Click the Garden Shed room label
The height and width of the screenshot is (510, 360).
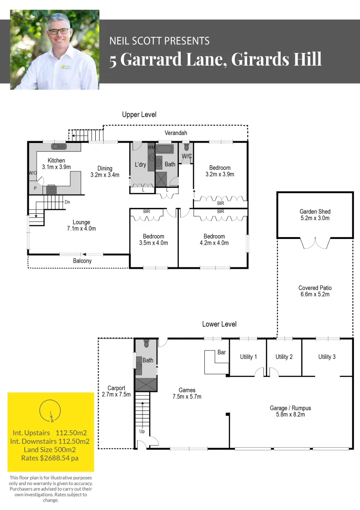(315, 212)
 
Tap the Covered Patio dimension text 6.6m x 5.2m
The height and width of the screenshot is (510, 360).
(315, 294)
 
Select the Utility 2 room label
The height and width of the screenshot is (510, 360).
(284, 357)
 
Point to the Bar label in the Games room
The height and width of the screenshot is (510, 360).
(222, 352)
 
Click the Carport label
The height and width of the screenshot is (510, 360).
(116, 388)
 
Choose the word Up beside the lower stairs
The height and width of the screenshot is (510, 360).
(142, 432)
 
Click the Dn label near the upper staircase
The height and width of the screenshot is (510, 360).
(67, 202)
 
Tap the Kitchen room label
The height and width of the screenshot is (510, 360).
(56, 161)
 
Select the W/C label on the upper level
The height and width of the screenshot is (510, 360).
(186, 156)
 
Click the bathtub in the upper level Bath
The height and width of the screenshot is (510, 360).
(165, 150)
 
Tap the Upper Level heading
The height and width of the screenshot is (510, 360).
(139, 115)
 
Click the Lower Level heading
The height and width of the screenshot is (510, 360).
(219, 324)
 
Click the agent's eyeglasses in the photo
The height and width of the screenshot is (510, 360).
(59, 31)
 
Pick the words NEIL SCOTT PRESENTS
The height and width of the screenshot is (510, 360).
(159, 41)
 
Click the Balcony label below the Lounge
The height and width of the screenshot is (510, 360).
(82, 261)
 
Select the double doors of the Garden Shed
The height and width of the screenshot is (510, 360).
(315, 242)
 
